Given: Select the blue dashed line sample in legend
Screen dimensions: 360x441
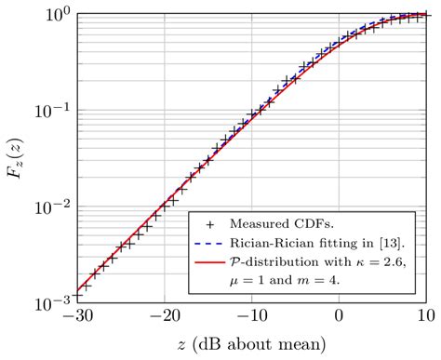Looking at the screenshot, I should click(211, 243).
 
